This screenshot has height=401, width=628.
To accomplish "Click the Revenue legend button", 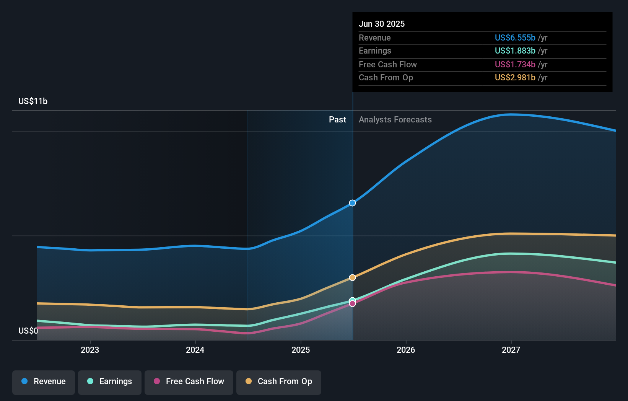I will (x=44, y=381).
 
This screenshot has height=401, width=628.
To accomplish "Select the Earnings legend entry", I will (x=110, y=381).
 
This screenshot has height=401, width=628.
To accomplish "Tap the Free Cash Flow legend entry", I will (x=189, y=381).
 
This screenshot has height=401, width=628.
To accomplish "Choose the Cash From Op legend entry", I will (x=279, y=381).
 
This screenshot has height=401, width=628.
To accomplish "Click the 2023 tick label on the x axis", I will (x=90, y=350).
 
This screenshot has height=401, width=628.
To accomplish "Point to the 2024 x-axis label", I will (x=195, y=350).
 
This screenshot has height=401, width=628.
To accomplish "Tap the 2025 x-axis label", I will (x=301, y=350).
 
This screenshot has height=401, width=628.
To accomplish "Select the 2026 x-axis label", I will (x=406, y=350).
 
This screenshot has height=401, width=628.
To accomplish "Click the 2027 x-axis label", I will (x=511, y=350).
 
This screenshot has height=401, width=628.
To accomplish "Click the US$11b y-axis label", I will (x=33, y=101).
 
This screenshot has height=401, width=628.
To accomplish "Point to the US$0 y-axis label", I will (x=28, y=331).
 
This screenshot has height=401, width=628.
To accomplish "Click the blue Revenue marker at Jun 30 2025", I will (x=352, y=203).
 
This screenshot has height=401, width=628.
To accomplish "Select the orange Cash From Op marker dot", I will (x=352, y=277).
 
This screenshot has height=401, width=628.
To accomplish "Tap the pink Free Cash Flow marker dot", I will (x=352, y=304).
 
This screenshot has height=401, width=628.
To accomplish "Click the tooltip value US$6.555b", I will (x=515, y=37).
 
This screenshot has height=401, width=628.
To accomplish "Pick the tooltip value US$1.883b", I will (x=515, y=51).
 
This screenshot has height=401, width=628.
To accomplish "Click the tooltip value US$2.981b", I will (x=515, y=77).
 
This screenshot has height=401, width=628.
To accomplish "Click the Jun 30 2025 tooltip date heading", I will (x=381, y=24).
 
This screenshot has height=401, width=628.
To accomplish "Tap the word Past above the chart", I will (x=337, y=119).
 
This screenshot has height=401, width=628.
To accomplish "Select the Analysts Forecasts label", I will (x=395, y=119).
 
